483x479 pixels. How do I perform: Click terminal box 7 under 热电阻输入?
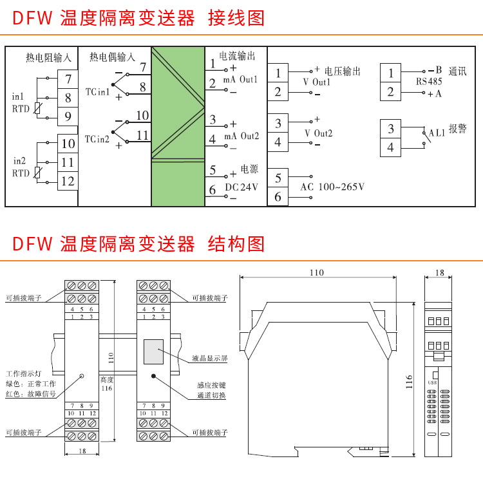click(68, 80)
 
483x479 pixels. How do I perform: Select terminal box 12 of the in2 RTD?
click(68, 181)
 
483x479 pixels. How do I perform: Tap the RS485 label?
click(429, 82)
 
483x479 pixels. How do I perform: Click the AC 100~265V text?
click(332, 187)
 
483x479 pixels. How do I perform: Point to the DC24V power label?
click(241, 187)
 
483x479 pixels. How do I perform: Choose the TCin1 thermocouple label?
click(97, 93)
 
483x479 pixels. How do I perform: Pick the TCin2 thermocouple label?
click(97, 138)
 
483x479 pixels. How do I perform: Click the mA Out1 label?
click(240, 79)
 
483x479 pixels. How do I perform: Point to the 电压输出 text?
click(342, 71)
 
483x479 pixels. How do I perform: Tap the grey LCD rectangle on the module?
click(153, 352)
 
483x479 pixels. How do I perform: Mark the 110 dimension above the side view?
click(316, 273)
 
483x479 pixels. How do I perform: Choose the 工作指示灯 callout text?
click(22, 373)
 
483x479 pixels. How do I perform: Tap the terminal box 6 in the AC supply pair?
click(278, 196)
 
